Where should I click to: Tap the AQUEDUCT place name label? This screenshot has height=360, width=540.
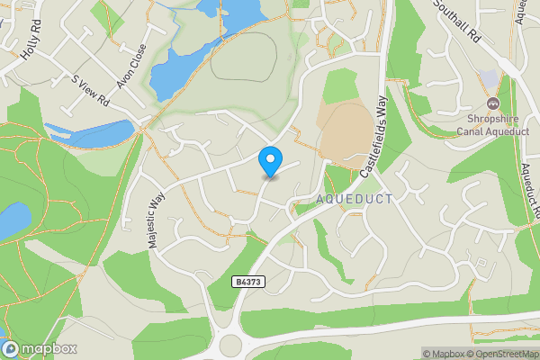pyautogui.click(x=355, y=198)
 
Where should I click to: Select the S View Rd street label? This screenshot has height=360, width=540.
pyautogui.click(x=91, y=87)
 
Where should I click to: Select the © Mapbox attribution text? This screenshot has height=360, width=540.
pyautogui.click(x=444, y=354)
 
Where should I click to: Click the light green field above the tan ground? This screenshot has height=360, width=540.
pyautogui.click(x=340, y=85)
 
